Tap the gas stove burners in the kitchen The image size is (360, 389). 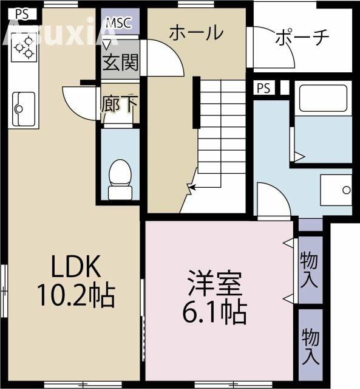click(x=24, y=47)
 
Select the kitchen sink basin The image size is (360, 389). click(x=24, y=109)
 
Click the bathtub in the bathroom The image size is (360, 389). click(x=323, y=98)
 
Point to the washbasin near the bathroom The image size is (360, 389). click(x=336, y=190)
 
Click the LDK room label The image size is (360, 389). click(x=76, y=266)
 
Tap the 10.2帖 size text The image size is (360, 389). click(x=76, y=295)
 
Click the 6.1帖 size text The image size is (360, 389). click(x=214, y=312)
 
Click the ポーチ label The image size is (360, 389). click(x=302, y=38)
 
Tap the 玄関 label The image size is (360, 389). click(x=120, y=62)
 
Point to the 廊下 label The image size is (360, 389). click(x=119, y=105)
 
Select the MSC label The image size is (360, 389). click(x=118, y=23)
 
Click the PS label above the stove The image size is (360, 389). click(x=22, y=14)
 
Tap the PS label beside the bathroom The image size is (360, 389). click(x=263, y=88)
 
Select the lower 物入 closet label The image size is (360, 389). click(x=310, y=346)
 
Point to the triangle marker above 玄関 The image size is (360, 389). click(x=106, y=45)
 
